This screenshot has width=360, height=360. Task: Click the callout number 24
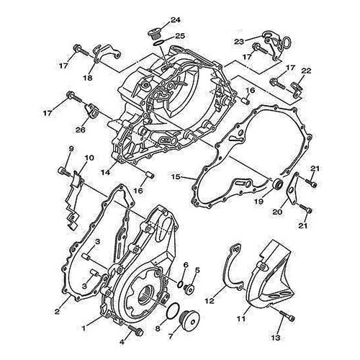point(176,20)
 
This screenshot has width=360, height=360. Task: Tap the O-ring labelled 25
point(158,42)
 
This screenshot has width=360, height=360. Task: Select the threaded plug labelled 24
point(153,34)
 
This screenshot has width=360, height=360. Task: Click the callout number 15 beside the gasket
point(176,176)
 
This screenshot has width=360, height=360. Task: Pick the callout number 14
point(106,172)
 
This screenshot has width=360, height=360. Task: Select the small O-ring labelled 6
point(179,284)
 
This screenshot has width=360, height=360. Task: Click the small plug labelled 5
point(189,289)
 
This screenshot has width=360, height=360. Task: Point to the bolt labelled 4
point(135,330)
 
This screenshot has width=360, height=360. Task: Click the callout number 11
point(241,319)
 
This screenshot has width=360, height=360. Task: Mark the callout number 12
point(210,300)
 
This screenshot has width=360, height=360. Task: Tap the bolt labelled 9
point(64,171)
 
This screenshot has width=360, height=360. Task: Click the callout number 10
point(89,158)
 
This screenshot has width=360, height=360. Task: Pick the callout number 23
point(240,42)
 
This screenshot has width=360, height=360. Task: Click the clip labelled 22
point(297,89)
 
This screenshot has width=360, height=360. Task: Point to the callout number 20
point(278,212)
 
